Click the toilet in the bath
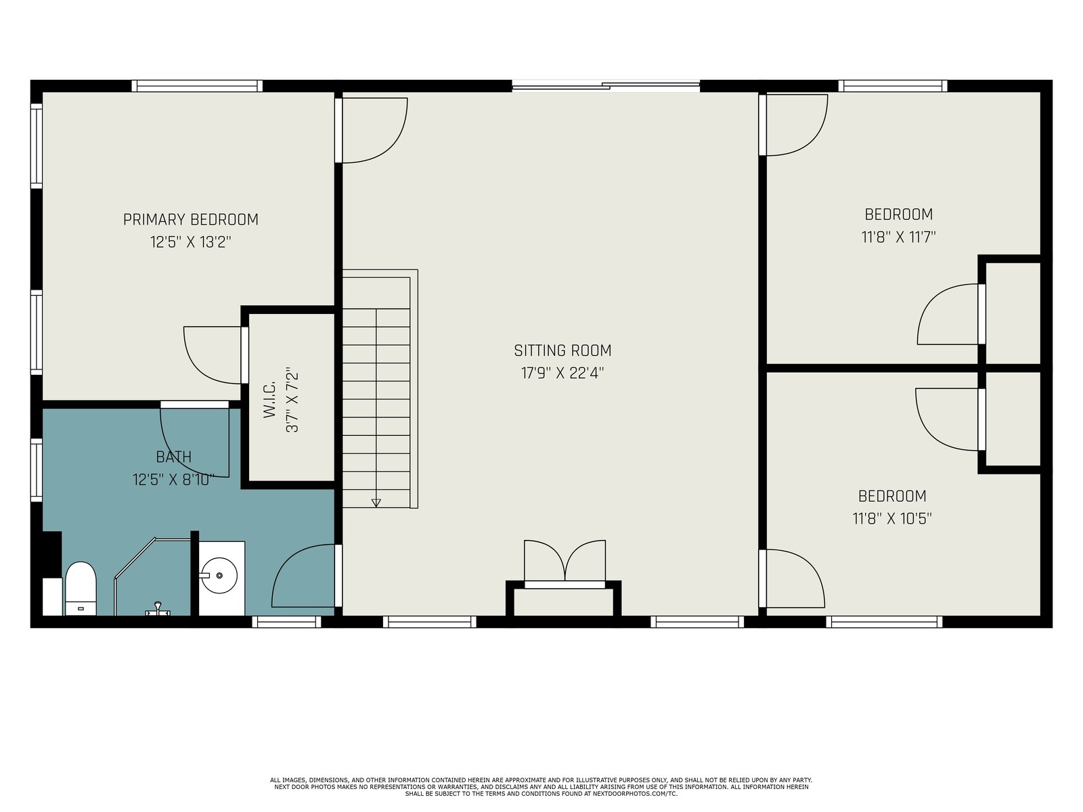(x=81, y=589)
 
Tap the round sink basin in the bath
(x=219, y=575)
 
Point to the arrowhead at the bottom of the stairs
(x=376, y=503)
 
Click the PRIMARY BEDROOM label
(x=190, y=219)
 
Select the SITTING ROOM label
(x=562, y=351)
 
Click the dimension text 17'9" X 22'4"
(x=562, y=374)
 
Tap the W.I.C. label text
(x=269, y=400)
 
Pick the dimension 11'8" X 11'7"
(x=898, y=237)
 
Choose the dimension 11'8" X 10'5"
(x=892, y=518)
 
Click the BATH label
(x=174, y=457)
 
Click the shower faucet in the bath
(x=158, y=609)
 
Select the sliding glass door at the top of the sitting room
(x=606, y=87)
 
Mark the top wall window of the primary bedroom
(x=197, y=86)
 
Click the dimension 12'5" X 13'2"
(x=190, y=242)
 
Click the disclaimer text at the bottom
(x=541, y=787)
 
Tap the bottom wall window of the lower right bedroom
(x=884, y=622)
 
